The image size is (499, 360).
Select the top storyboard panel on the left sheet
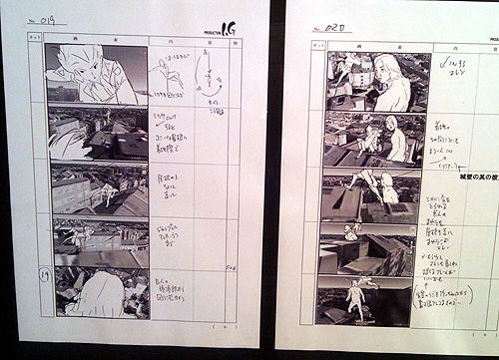97,75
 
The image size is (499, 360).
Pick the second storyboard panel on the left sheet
98,133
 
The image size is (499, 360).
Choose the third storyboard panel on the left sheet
98,189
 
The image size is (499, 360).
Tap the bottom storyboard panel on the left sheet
98,292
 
